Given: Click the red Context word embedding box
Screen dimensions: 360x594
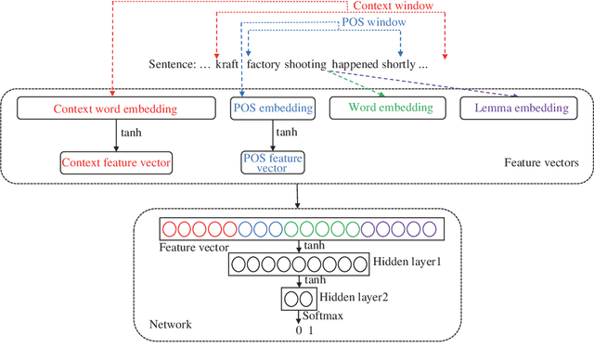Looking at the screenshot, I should tap(115, 109).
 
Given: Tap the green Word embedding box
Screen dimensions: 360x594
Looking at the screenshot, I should tap(381, 109).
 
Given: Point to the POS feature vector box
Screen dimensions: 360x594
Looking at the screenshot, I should tap(272, 163).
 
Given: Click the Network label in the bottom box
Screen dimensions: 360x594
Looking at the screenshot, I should tap(171, 325).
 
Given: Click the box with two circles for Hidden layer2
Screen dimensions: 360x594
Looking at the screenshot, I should tap(298, 299).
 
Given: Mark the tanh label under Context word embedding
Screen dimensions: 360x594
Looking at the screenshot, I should tap(128, 132).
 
